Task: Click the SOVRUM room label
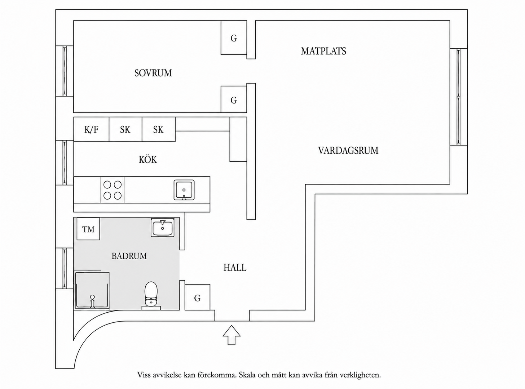[153, 73]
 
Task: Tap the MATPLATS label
[323, 51]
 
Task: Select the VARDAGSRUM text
[348, 151]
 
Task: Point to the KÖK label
[148, 160]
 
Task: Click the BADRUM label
[129, 256]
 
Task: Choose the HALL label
[235, 268]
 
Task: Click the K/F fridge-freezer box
[91, 129]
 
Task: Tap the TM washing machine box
[88, 229]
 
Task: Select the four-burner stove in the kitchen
[112, 190]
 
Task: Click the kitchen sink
[184, 190]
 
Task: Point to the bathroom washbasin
[162, 227]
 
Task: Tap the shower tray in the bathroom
[92, 290]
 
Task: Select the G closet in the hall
[197, 297]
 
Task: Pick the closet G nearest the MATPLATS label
[234, 38]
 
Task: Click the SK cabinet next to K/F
[125, 129]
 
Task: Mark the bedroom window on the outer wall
[65, 71]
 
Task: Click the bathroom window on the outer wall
[65, 268]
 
